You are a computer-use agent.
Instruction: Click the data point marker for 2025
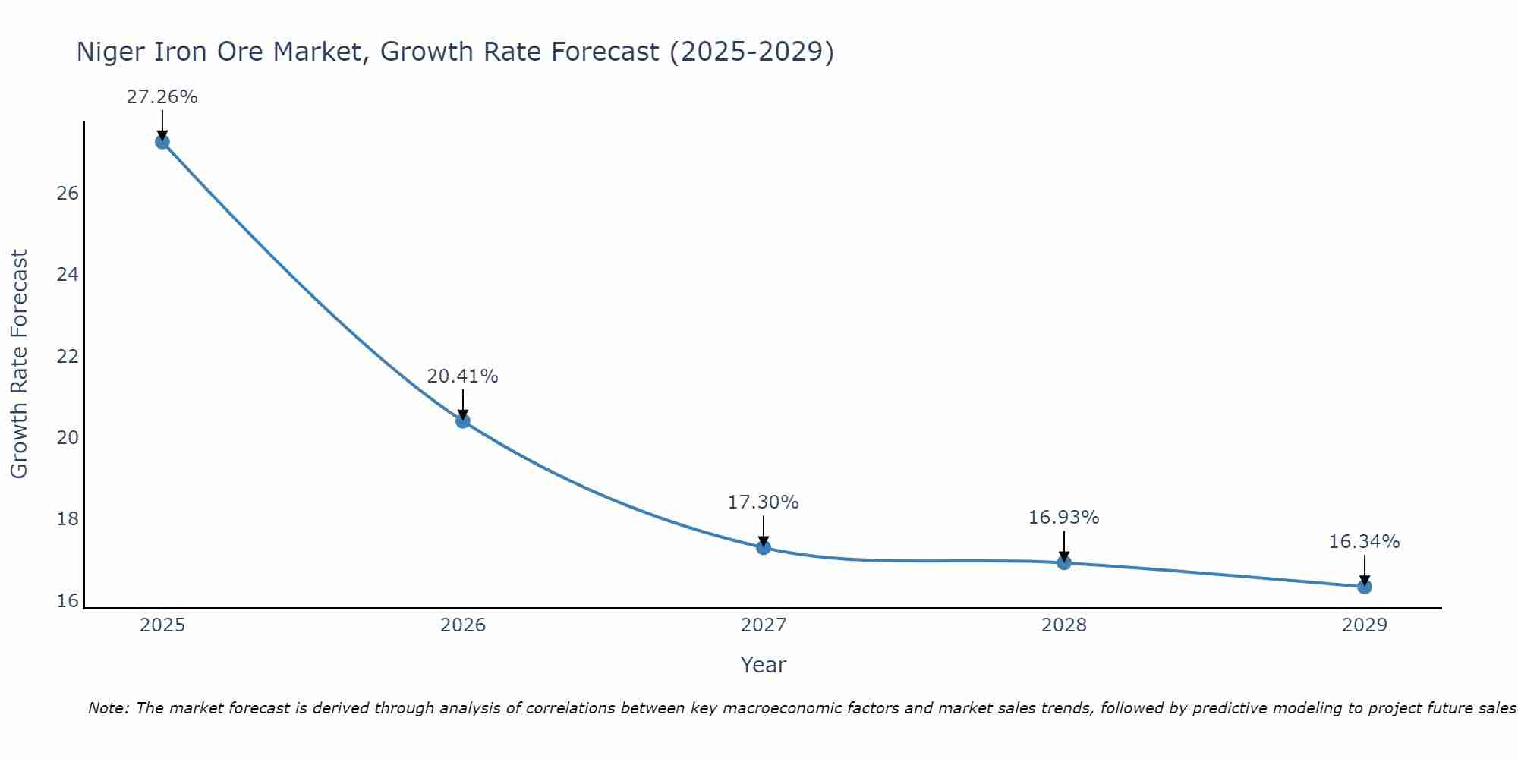(162, 142)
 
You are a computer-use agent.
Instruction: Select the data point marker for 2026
(463, 420)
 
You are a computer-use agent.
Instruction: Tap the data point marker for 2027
(764, 547)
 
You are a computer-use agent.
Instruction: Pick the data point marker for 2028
(1064, 562)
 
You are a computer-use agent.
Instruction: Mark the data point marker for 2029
(1365, 587)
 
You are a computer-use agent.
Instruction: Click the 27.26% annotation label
(162, 97)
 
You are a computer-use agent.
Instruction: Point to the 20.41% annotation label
(462, 376)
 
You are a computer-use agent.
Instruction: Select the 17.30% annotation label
(763, 502)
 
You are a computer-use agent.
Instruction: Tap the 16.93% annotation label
(1063, 518)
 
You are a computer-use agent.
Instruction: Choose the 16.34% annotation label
(1364, 542)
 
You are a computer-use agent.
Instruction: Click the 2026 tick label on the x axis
(463, 625)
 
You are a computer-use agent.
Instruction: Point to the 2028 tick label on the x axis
(1064, 625)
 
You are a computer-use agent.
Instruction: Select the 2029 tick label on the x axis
(1365, 625)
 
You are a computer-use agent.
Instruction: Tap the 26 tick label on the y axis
(68, 194)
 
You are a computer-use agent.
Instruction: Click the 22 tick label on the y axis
(68, 357)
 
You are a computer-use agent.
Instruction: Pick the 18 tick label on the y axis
(68, 520)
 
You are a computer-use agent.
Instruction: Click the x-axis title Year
(763, 665)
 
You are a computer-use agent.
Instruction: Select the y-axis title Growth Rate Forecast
(19, 364)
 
